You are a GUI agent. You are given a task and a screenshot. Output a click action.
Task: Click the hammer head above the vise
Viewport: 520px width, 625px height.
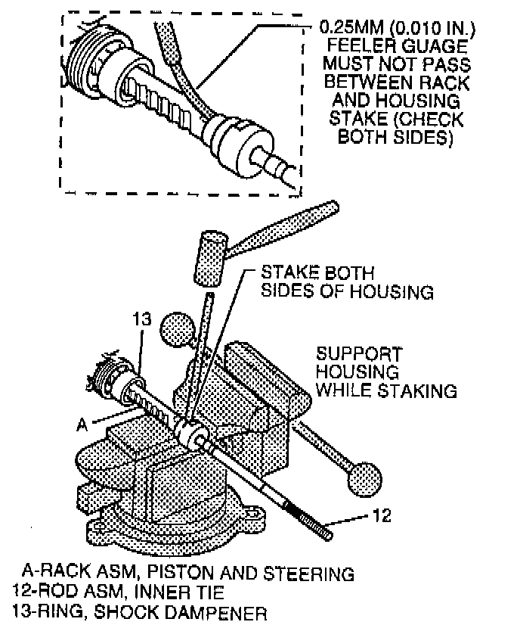(x=208, y=259)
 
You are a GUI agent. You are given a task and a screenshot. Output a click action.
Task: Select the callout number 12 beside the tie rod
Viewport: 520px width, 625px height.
(x=383, y=517)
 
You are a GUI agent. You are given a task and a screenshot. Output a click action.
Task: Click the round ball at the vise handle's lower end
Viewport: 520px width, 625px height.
(x=365, y=476)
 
